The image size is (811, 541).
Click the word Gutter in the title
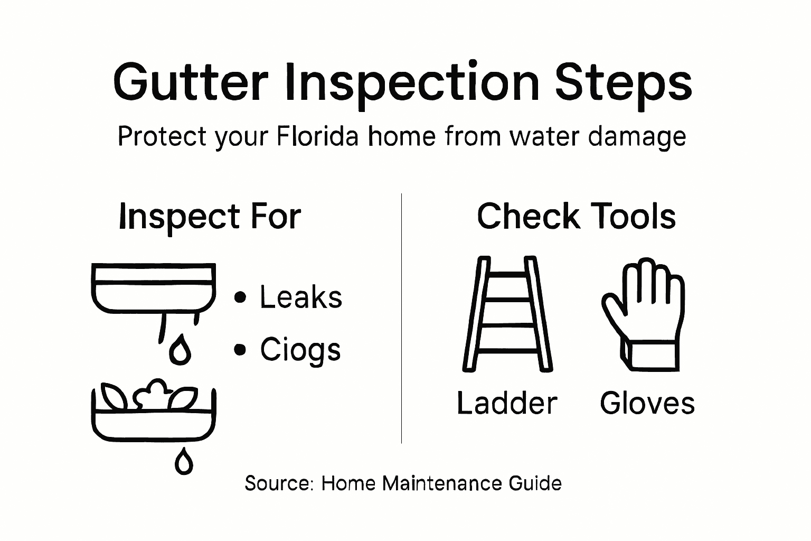point(190,83)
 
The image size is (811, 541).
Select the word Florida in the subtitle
point(317,137)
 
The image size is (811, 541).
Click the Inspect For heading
point(210,217)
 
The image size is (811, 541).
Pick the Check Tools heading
point(576,217)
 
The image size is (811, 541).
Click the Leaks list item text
point(301,297)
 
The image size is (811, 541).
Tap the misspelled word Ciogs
point(300,350)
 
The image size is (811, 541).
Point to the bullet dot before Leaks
point(240,297)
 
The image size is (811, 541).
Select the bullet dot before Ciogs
point(240,350)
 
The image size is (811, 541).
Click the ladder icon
point(507,314)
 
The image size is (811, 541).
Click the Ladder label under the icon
point(507,404)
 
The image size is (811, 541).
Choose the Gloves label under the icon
point(647,404)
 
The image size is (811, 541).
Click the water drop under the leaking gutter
point(180,350)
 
